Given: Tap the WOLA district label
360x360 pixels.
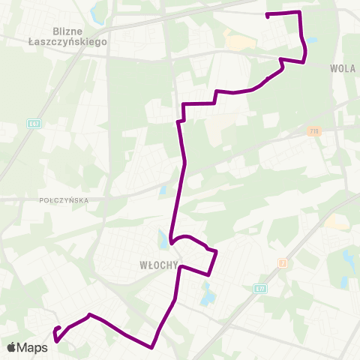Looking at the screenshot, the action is (x=341, y=67).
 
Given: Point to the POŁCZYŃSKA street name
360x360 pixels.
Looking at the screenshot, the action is (x=63, y=200).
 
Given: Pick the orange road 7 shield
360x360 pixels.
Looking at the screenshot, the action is (x=282, y=262).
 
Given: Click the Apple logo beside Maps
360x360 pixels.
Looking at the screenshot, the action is (x=11, y=347).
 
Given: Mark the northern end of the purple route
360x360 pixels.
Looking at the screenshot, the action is (x=268, y=15).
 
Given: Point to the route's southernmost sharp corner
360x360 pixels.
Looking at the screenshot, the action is (x=152, y=348).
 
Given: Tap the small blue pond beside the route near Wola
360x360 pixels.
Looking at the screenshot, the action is (x=310, y=40).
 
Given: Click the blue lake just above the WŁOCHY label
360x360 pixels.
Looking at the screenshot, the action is (x=163, y=241).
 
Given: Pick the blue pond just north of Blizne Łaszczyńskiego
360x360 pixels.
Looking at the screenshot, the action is (x=95, y=13).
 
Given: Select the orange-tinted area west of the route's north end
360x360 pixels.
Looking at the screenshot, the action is (x=238, y=43).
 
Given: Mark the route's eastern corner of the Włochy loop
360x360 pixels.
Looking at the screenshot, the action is (x=216, y=252).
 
